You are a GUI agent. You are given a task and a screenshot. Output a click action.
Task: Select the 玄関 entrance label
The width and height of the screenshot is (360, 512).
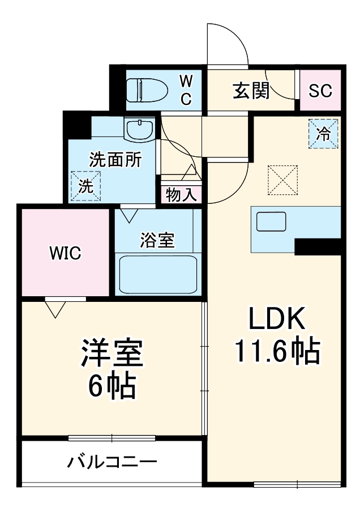click(251, 91)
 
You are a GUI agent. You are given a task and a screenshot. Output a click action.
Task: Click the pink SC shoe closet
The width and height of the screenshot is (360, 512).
click(320, 91)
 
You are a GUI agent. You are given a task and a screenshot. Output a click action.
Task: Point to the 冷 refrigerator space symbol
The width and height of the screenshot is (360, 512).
click(323, 134)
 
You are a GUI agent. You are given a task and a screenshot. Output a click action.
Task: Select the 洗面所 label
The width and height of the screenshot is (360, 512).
click(115, 160)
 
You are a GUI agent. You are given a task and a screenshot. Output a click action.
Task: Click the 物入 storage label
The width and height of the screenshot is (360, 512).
click(181, 195)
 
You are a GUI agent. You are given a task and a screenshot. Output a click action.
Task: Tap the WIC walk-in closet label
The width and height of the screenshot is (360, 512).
click(65, 253)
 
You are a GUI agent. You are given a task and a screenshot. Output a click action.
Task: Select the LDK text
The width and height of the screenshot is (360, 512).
click(278, 320)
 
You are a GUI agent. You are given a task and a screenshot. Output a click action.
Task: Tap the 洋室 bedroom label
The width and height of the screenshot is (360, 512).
click(112, 354)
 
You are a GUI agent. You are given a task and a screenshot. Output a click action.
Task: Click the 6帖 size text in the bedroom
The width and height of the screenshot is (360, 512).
click(112, 387)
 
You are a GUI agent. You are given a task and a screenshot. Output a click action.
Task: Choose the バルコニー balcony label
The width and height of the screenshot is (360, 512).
click(112, 463)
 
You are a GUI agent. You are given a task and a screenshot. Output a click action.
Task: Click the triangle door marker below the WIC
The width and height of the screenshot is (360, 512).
click(55, 309)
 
